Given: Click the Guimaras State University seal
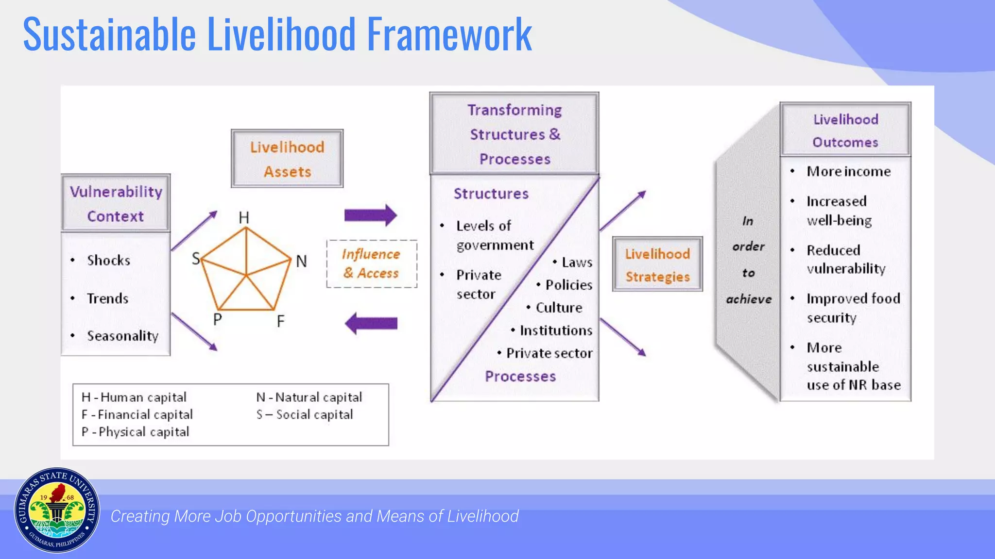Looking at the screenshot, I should (57, 510).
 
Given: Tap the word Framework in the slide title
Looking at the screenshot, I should (449, 34).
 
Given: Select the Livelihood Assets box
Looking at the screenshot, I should (287, 159).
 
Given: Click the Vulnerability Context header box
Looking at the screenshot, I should (116, 203).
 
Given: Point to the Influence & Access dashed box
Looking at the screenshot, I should (372, 263).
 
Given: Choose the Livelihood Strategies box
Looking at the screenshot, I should (657, 264).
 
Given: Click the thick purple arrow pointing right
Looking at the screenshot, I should (371, 215).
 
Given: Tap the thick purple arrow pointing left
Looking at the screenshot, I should (371, 323).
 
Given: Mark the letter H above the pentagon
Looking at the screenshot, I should (244, 218).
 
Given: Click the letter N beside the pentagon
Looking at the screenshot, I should (301, 262).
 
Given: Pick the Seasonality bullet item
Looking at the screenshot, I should (122, 336).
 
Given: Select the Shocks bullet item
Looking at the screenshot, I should (108, 261).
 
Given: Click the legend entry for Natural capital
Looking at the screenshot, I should (309, 397).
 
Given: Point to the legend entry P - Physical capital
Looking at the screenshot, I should (135, 432).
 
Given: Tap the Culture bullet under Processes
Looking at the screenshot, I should (558, 308).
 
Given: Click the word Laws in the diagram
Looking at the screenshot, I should (577, 263).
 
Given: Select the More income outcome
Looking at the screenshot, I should (848, 171).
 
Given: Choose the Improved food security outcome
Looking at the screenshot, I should (853, 308).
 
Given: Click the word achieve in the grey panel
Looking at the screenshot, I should (749, 299).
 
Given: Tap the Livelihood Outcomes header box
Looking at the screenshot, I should (845, 130).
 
